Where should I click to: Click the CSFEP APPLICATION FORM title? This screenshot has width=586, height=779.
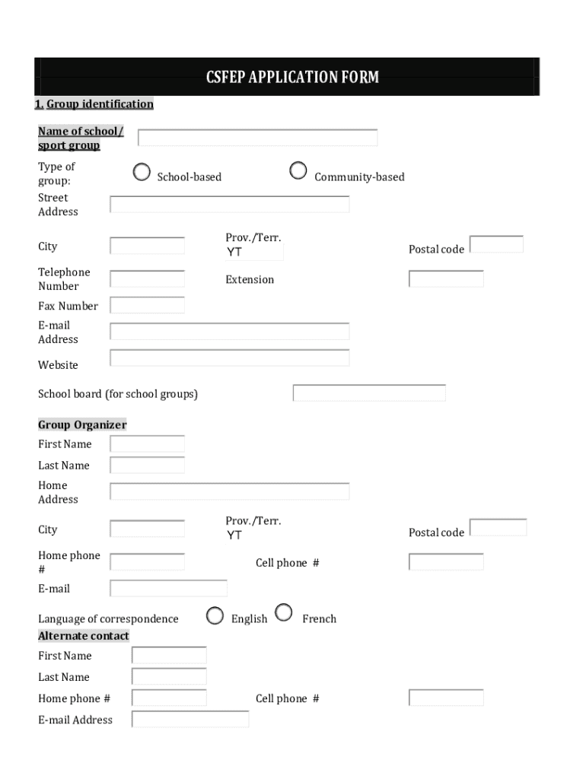pyautogui.click(x=292, y=77)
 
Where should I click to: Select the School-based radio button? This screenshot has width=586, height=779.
pyautogui.click(x=142, y=172)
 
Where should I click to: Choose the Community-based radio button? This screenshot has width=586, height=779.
pyautogui.click(x=298, y=171)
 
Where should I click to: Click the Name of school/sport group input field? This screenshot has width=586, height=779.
pyautogui.click(x=257, y=138)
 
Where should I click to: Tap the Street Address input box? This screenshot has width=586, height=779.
pyautogui.click(x=230, y=204)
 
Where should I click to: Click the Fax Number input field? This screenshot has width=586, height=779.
pyautogui.click(x=147, y=305)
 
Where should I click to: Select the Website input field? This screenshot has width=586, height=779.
pyautogui.click(x=230, y=358)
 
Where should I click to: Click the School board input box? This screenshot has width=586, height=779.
pyautogui.click(x=369, y=393)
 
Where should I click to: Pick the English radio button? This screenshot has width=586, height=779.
pyautogui.click(x=215, y=615)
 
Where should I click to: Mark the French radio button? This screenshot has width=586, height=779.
pyautogui.click(x=283, y=612)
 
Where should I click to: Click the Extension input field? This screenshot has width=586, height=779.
pyautogui.click(x=446, y=278)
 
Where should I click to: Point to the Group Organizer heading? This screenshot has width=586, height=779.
pyautogui.click(x=82, y=424)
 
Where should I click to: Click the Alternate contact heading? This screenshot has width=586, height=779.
pyautogui.click(x=84, y=635)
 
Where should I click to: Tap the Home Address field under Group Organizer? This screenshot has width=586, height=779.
pyautogui.click(x=230, y=491)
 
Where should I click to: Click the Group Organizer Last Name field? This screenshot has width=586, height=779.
pyautogui.click(x=147, y=465)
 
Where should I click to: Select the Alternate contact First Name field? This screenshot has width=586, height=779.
pyautogui.click(x=169, y=655)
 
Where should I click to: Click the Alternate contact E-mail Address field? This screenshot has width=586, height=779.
pyautogui.click(x=190, y=719)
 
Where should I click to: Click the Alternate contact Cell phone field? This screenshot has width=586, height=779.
pyautogui.click(x=446, y=698)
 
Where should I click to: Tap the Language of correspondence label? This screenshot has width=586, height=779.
pyautogui.click(x=108, y=618)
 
